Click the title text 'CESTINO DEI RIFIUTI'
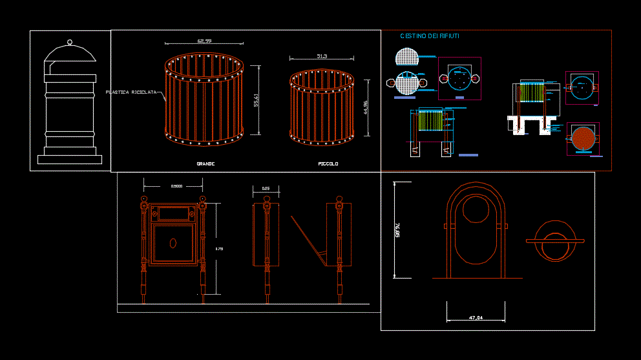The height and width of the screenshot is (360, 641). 430,36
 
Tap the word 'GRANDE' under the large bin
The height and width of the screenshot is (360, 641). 205,164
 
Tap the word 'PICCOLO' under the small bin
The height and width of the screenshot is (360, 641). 328,164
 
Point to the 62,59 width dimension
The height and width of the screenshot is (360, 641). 204,41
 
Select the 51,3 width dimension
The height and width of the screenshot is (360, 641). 322,57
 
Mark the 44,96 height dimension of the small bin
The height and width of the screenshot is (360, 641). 366,107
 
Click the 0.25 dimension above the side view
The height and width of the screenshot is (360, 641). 265,189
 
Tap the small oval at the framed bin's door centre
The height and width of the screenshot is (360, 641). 173,244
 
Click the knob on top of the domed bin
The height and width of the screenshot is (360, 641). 69,42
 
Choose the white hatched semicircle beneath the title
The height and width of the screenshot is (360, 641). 407,58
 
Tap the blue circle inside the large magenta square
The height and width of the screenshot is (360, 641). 459,79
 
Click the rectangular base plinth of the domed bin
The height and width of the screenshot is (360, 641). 69,159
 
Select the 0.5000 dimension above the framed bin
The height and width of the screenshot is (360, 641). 176,186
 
